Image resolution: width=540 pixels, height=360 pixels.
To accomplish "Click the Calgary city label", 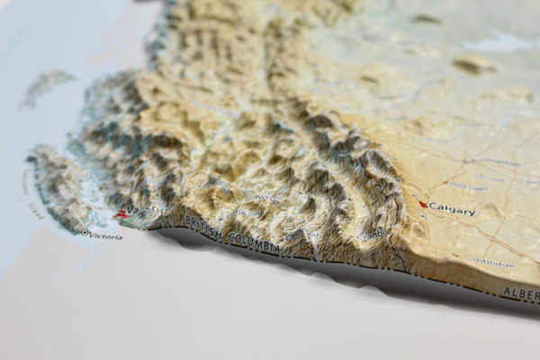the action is (453, 210).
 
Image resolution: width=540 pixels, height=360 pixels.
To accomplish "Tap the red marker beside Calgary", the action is (423, 204).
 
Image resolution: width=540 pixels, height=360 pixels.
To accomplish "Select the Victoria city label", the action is (105, 236).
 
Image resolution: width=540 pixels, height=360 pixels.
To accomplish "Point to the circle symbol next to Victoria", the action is (85, 232).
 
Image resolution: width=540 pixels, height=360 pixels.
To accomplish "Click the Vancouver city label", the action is (146, 211).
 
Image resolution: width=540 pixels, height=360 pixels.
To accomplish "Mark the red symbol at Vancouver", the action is (121, 214).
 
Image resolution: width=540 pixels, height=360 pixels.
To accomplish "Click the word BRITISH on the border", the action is (203, 229).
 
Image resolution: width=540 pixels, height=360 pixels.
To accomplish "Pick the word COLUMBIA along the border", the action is (254, 240).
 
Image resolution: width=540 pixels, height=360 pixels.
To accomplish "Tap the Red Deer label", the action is (468, 185).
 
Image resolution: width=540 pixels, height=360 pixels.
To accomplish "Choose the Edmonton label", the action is (493, 163).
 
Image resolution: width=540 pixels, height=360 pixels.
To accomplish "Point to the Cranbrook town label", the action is (371, 236).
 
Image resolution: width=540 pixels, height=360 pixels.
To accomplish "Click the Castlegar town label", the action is (302, 232).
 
